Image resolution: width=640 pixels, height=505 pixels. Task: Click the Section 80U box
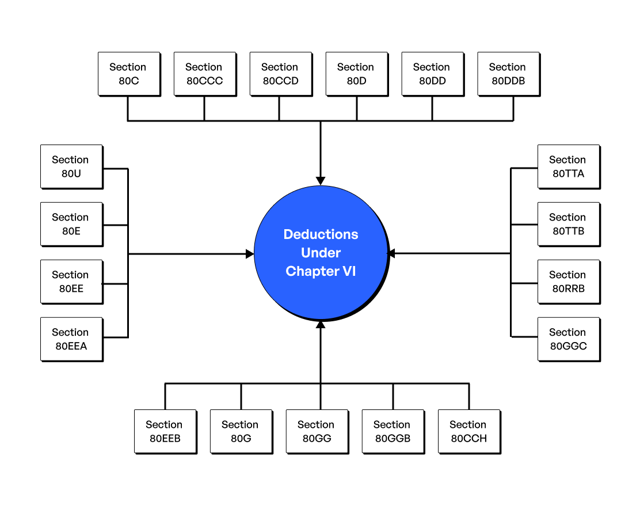pos(71,167)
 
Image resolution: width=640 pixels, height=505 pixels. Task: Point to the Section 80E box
pos(71,225)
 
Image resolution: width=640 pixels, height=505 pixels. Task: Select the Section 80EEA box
pos(71,340)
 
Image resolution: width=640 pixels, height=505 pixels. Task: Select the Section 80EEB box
pos(165,432)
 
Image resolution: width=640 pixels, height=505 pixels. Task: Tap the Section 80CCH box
pos(469,432)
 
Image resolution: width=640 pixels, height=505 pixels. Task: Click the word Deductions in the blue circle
pos(321,234)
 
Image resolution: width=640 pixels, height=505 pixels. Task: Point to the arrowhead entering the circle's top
pos(321,181)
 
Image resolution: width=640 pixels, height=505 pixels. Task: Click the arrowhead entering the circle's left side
pos(250,254)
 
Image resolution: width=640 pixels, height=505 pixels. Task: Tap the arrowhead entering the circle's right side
pos(391,253)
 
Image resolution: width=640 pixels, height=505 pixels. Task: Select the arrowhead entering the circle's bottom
pos(321,325)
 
